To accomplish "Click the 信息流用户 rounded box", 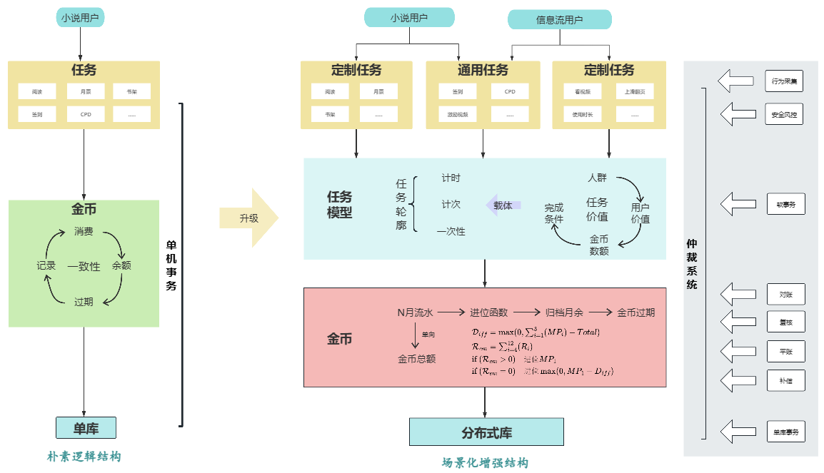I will tap(559, 20).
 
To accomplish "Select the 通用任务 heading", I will tap(483, 70).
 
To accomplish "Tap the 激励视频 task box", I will tap(458, 114).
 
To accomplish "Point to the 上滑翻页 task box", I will tap(634, 92).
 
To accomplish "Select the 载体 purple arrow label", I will tap(503, 205).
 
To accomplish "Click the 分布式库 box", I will tap(486, 432).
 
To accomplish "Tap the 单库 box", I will tap(86, 428).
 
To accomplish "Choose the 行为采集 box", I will tap(785, 81).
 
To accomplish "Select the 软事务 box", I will tap(785, 204).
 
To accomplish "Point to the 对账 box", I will tap(785, 293).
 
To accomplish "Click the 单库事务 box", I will tap(785, 431).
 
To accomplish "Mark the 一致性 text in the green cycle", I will tap(84, 266).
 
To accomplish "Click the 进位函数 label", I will tap(488, 312).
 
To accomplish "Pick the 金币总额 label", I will tap(416, 359).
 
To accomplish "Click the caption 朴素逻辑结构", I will tap(84, 457).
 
